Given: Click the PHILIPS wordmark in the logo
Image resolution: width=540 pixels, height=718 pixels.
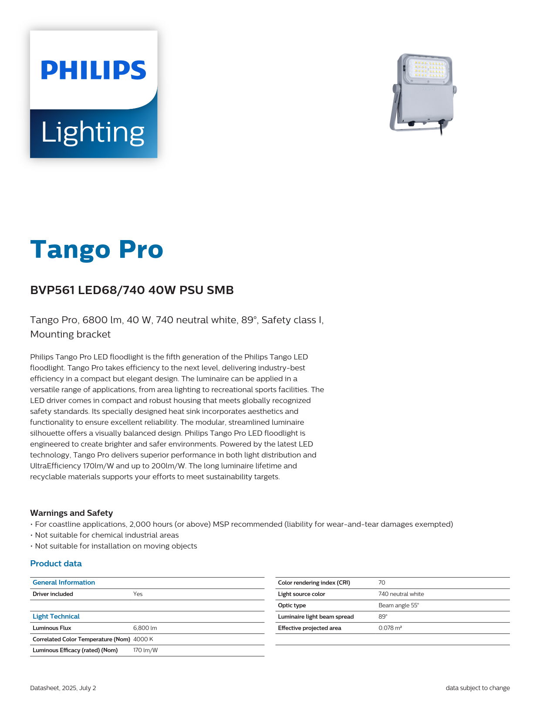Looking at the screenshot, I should point(94,70).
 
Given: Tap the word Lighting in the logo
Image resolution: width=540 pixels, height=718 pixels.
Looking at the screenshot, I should point(93,132).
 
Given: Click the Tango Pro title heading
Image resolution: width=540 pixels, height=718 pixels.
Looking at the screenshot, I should point(97,250).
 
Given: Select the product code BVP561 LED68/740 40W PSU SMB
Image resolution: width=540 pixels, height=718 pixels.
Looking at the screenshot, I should point(132,290).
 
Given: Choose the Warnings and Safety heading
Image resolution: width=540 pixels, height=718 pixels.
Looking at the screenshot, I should point(71,513).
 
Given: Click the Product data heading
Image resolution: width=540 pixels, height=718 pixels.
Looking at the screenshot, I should point(56,563).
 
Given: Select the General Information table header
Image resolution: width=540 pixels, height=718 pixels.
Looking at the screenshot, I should point(64,583).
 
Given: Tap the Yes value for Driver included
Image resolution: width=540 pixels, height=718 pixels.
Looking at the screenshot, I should point(138,594).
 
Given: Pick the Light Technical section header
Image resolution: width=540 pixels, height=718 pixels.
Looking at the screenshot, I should point(56,616).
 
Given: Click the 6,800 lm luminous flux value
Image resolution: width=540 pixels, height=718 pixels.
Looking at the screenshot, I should point(145,628).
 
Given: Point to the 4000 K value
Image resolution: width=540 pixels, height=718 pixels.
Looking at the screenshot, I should point(143,639).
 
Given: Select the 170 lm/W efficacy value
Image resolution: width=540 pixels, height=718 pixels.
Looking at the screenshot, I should point(145,650).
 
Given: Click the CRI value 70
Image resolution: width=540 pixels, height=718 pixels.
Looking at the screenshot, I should point(381,583).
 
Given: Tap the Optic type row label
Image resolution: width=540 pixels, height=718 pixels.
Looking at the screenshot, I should point(292,605).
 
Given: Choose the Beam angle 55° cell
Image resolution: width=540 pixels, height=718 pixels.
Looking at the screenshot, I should point(398,605).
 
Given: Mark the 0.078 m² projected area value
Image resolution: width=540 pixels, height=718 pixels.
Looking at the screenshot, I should point(390,628).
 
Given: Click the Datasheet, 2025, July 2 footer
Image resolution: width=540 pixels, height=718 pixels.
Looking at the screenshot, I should point(63,688).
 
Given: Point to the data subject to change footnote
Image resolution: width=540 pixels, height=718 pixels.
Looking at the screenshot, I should point(477,688).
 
